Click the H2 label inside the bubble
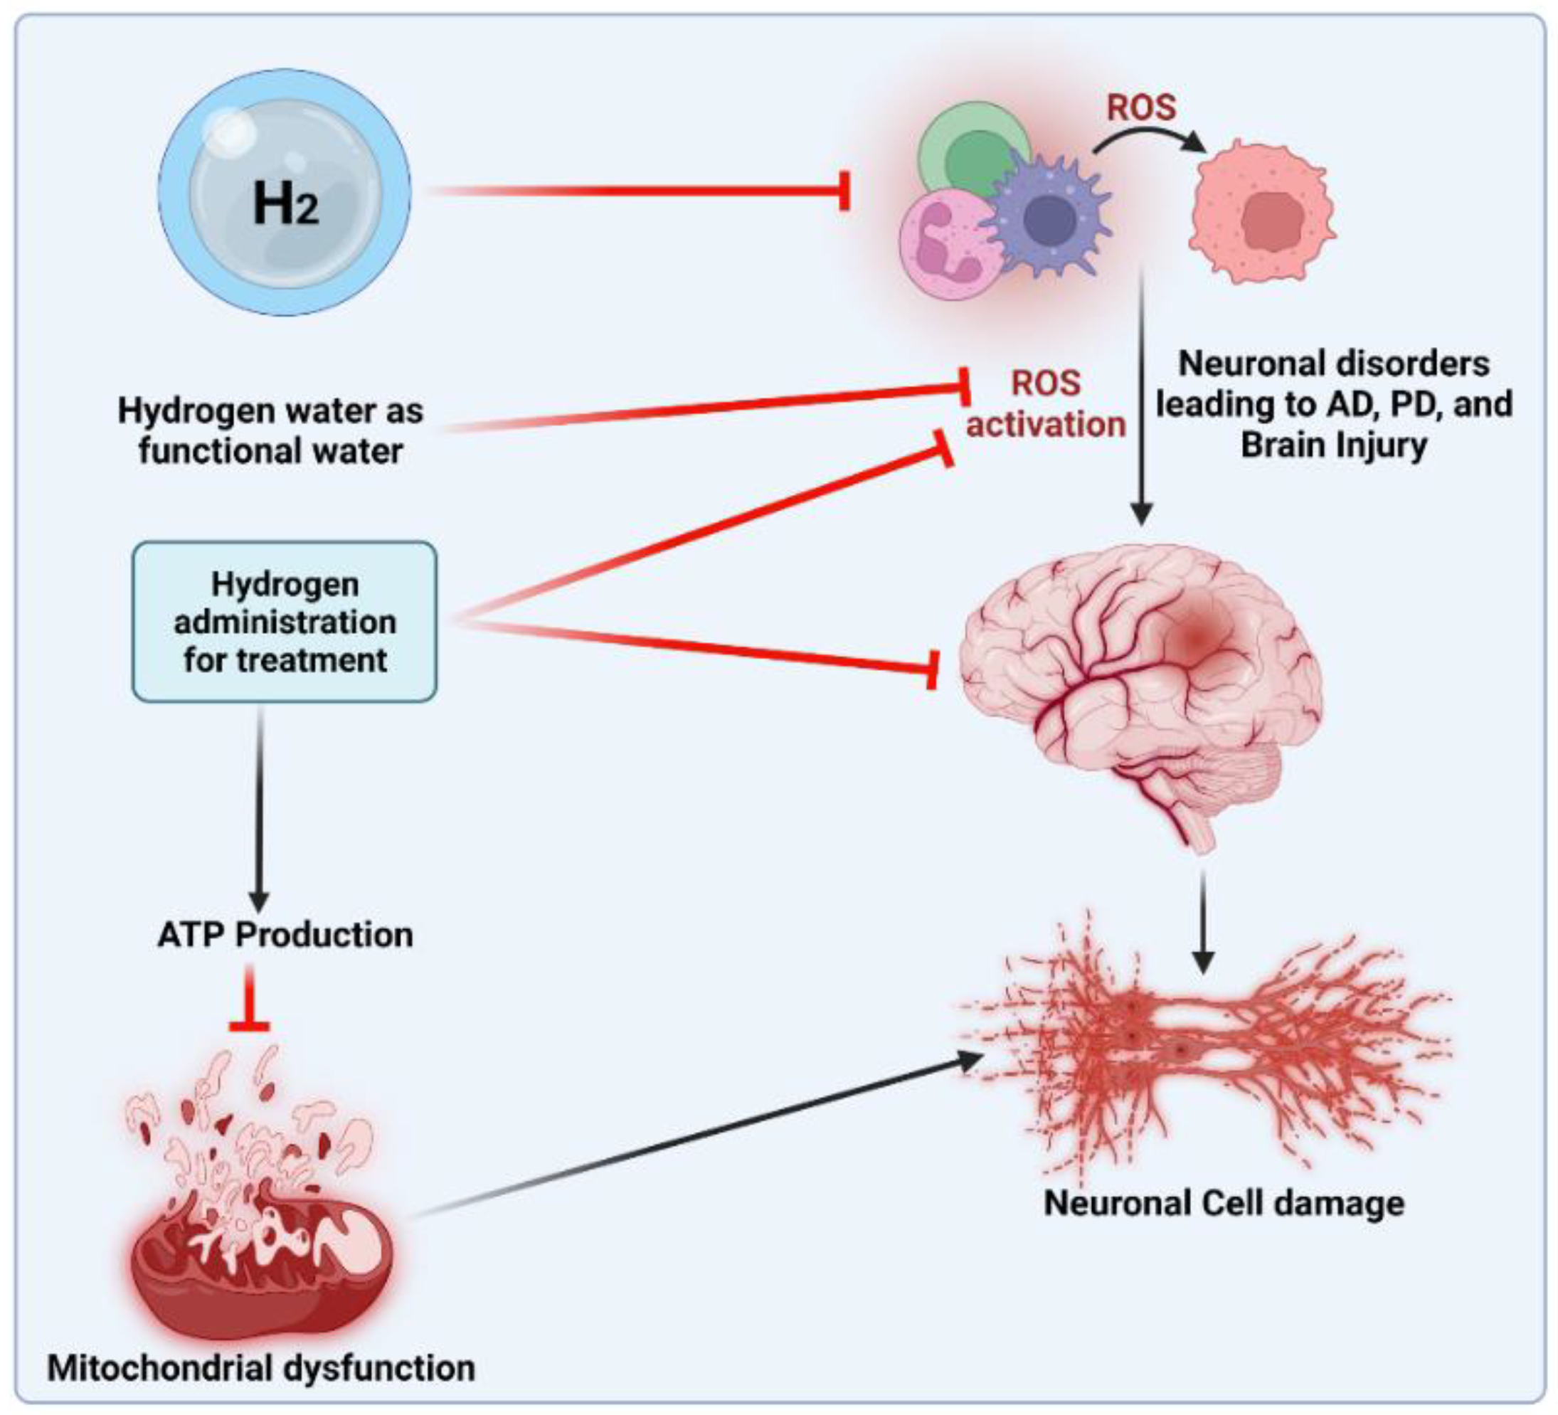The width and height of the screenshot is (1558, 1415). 285,205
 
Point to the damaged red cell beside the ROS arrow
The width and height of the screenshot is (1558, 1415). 1263,213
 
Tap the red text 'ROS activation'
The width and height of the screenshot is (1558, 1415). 1045,404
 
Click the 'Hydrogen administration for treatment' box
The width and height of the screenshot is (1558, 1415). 285,622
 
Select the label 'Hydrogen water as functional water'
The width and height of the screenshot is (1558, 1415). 270,430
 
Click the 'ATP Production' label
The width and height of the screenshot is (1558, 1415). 285,935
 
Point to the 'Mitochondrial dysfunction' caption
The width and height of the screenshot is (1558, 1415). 261,1369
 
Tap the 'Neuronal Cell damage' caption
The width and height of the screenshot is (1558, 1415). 1224,1203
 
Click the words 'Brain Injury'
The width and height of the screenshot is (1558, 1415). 1334,446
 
